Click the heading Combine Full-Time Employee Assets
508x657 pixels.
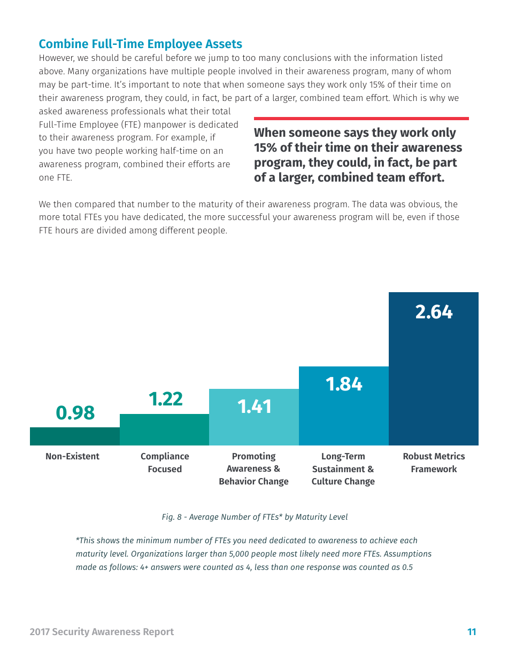pyautogui.click(x=140, y=44)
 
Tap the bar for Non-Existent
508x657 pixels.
pyautogui.click(x=75, y=436)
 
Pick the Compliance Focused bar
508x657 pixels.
pyautogui.click(x=164, y=430)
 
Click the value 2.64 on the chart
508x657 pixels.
pyautogui.click(x=434, y=312)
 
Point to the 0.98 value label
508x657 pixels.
pyautogui.click(x=75, y=413)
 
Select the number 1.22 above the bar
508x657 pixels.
pyautogui.click(x=165, y=399)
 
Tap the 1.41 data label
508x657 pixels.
pyautogui.click(x=255, y=407)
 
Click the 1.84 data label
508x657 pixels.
pyautogui.click(x=344, y=384)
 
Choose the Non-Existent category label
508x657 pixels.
pyautogui.click(x=72, y=456)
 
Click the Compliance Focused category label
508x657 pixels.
pyautogui.click(x=165, y=463)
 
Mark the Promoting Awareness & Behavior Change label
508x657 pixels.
pyautogui.click(x=253, y=469)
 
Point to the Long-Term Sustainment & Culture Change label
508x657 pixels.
pyautogui.click(x=343, y=469)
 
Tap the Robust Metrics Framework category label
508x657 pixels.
pyautogui.click(x=434, y=463)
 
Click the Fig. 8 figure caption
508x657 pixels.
pyautogui.click(x=255, y=517)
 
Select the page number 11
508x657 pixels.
pyautogui.click(x=472, y=632)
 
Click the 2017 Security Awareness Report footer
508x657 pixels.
pyautogui.click(x=102, y=632)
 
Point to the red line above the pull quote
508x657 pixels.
pyautogui.click(x=361, y=119)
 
